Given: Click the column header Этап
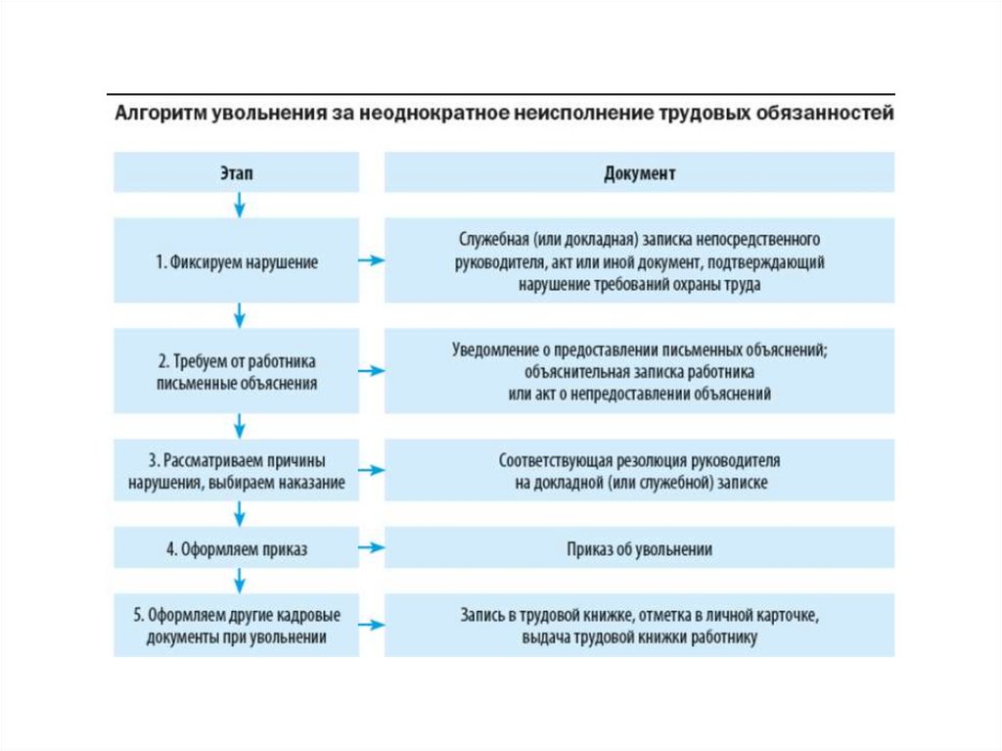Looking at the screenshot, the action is pyautogui.click(x=236, y=172).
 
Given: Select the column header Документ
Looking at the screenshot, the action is pyautogui.click(x=639, y=172).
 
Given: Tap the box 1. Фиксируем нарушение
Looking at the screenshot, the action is pyautogui.click(x=236, y=261).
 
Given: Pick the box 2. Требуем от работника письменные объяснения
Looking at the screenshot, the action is pyautogui.click(x=236, y=371).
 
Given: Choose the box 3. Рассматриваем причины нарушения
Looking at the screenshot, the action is pyautogui.click(x=236, y=471).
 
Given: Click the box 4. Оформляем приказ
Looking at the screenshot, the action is pyautogui.click(x=236, y=549).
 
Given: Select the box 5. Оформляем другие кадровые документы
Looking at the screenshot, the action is pyautogui.click(x=236, y=626).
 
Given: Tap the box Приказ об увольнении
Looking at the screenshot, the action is pyautogui.click(x=639, y=549).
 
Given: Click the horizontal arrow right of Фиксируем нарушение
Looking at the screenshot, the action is pyautogui.click(x=371, y=261).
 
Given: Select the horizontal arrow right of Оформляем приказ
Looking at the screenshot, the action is pyautogui.click(x=371, y=549).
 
